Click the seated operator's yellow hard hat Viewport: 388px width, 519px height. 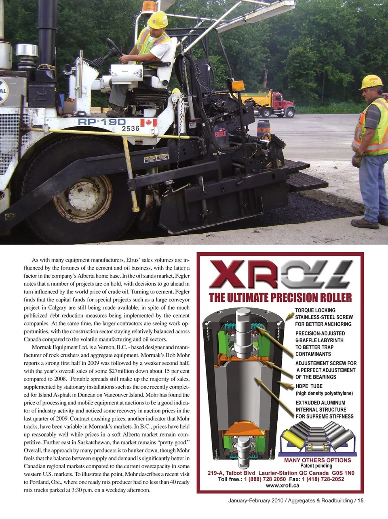pyautogui.click(x=158, y=19)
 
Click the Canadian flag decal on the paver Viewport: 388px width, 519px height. pyautogui.click(x=148, y=123)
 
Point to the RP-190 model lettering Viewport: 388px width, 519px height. pyautogui.click(x=102, y=121)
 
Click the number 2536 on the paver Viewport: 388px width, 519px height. pyautogui.click(x=131, y=129)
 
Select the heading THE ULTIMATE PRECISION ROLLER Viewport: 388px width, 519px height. pyautogui.click(x=280, y=298)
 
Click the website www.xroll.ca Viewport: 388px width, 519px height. pyautogui.click(x=283, y=486)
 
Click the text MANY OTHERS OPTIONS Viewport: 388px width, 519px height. pyautogui.click(x=318, y=460)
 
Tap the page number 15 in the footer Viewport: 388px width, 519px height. pyautogui.click(x=361, y=500)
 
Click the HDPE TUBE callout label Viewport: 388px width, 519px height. pyautogui.click(x=309, y=386)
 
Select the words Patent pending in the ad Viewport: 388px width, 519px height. pyautogui.click(x=316, y=466)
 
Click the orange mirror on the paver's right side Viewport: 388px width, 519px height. pyautogui.click(x=238, y=86)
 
